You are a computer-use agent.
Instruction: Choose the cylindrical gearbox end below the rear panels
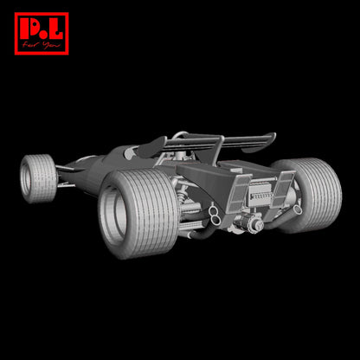[255, 227]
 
